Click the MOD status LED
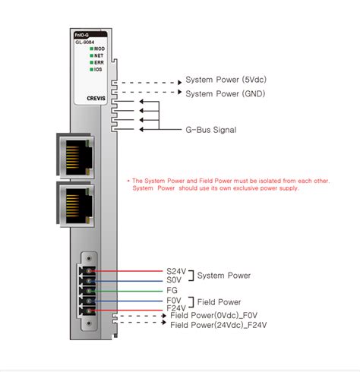pyautogui.click(x=90, y=49)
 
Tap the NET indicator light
pyautogui.click(x=90, y=55)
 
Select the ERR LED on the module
pyautogui.click(x=90, y=62)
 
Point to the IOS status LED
pyautogui.click(x=90, y=69)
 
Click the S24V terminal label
pyautogui.click(x=175, y=271)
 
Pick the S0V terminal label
pyautogui.click(x=174, y=280)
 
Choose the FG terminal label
pyautogui.click(x=172, y=290)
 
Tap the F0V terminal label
pyautogui.click(x=174, y=301)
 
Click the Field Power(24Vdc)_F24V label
pyautogui.click(x=218, y=325)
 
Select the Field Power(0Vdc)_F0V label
pyautogui.click(x=215, y=316)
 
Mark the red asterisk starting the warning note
pyautogui.click(x=128, y=181)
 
